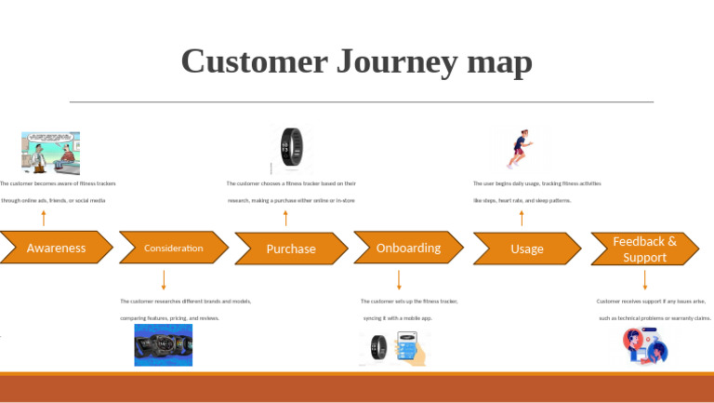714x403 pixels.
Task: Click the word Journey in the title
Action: [390, 61]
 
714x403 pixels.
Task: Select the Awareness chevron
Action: [56, 248]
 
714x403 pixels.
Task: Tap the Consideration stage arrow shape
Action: [174, 248]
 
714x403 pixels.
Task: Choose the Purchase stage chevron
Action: [291, 249]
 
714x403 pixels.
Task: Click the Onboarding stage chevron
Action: [408, 248]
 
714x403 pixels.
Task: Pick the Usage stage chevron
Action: [526, 249]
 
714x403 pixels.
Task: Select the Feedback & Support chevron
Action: [644, 249]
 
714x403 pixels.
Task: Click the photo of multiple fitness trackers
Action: [164, 345]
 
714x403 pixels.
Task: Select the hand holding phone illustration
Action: [410, 349]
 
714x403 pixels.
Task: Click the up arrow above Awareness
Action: [44, 219]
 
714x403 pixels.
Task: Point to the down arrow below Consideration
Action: [164, 279]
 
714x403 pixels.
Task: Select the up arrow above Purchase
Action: [285, 219]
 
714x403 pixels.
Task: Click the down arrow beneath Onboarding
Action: [399, 279]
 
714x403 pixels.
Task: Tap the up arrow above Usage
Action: [522, 219]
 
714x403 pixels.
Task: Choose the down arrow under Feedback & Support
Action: [644, 279]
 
